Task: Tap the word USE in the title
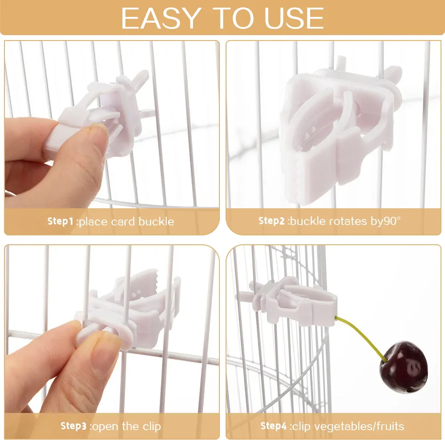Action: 294,18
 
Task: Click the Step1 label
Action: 60,221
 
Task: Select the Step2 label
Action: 271,221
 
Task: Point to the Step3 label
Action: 73,426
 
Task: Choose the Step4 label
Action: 274,426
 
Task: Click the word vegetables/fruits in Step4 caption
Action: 348,426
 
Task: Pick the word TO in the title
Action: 233,18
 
